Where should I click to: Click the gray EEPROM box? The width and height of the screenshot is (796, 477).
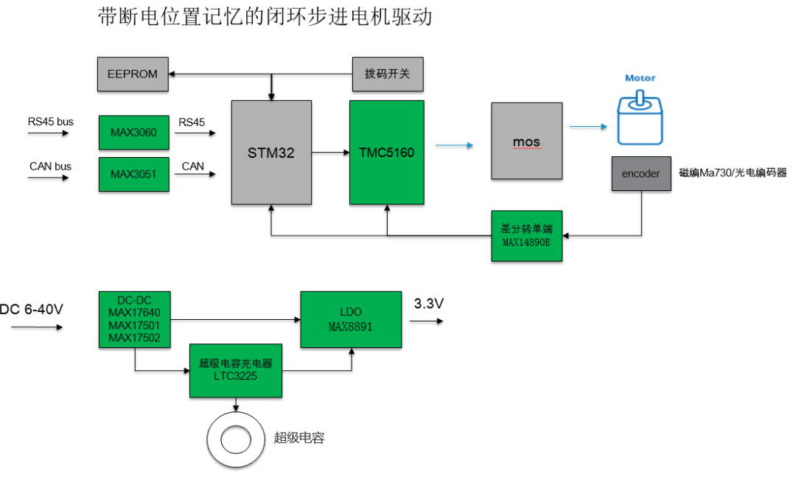click(133, 74)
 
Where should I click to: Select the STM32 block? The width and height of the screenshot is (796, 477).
click(270, 153)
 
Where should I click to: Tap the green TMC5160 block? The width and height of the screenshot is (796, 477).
click(387, 153)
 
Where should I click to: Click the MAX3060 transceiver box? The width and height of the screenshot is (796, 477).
click(133, 132)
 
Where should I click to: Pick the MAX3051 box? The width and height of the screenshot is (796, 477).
click(133, 175)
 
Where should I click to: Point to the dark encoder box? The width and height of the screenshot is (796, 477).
click(641, 174)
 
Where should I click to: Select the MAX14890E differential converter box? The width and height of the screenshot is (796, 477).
click(526, 235)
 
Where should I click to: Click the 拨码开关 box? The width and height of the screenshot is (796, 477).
click(388, 74)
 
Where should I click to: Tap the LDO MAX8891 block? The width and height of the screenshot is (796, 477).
click(351, 319)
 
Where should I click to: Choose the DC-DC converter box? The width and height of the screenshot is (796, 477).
click(134, 319)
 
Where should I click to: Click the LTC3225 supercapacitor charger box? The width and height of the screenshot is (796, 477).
click(236, 370)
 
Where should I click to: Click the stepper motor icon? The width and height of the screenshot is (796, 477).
click(639, 118)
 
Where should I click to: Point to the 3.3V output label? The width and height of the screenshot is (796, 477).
click(429, 304)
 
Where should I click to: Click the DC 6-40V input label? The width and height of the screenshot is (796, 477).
click(32, 309)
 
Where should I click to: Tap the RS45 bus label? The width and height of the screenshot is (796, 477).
click(51, 122)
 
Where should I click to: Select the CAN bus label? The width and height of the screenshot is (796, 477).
click(50, 166)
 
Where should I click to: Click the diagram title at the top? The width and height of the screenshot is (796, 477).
click(265, 17)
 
